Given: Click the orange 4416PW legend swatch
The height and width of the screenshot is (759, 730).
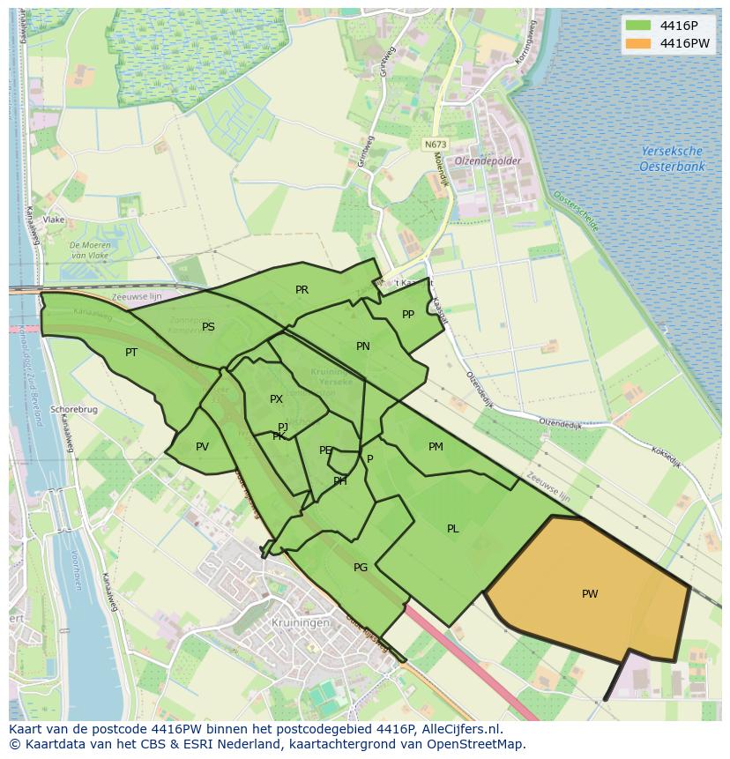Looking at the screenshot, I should [x=638, y=43].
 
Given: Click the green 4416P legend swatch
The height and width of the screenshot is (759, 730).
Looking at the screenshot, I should [x=638, y=26].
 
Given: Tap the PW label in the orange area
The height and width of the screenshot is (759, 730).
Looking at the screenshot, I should [x=590, y=594].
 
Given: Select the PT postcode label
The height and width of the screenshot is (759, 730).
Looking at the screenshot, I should [x=131, y=353].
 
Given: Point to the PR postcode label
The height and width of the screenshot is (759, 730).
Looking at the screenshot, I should [x=302, y=290].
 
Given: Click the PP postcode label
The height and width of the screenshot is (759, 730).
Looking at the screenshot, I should [x=407, y=315].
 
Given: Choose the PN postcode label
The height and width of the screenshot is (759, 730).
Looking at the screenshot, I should [x=362, y=346].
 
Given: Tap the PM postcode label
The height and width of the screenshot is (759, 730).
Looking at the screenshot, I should [x=436, y=447].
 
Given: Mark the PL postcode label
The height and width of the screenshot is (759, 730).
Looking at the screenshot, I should [x=452, y=529].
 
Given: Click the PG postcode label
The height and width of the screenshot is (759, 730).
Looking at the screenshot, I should [x=360, y=568].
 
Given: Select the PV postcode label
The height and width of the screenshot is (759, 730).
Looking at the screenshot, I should [x=202, y=447].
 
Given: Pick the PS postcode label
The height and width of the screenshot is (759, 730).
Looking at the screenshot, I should [x=208, y=327].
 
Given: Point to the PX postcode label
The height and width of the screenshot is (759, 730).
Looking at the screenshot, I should [x=276, y=399].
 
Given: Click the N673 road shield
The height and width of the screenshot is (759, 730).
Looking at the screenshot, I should [x=435, y=144].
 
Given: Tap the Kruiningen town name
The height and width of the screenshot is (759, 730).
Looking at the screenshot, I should [x=301, y=622].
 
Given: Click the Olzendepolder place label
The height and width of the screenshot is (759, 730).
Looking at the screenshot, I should [x=488, y=161].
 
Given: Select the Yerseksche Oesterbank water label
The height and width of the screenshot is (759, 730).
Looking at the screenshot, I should [x=672, y=159].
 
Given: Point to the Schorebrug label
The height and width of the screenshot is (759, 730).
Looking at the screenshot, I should [x=74, y=410].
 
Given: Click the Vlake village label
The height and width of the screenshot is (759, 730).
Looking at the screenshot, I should [x=54, y=220].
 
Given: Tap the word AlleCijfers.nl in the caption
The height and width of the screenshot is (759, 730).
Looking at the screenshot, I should [x=458, y=730].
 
